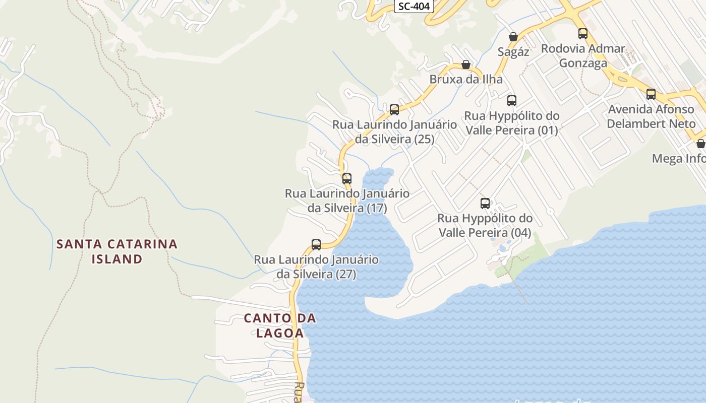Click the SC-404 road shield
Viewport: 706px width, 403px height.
[x=414, y=6]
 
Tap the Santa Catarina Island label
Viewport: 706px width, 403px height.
[x=117, y=251]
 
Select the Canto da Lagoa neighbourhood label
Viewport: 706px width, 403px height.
[x=280, y=325]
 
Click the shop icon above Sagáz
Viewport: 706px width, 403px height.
[x=513, y=37]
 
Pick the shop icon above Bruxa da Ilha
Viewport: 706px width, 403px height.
[x=466, y=64]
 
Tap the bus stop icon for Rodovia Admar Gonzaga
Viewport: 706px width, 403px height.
[x=583, y=34]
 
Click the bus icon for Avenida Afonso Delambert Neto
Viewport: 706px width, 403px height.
[x=651, y=94]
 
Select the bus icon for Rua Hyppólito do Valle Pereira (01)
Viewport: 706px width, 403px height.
[x=512, y=101]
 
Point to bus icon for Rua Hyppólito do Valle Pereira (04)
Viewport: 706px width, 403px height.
[x=485, y=204]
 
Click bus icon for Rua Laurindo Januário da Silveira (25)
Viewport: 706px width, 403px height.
[x=394, y=109]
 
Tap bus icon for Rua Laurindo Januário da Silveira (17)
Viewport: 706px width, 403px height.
[x=347, y=178]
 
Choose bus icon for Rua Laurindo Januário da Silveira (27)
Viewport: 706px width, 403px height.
[x=316, y=245]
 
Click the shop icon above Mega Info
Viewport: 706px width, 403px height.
[x=700, y=144]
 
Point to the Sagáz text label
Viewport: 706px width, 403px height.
[x=513, y=52]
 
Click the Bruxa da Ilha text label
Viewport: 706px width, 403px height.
[x=466, y=80]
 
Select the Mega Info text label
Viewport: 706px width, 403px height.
[x=678, y=159]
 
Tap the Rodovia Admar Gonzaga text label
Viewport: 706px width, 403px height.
[x=583, y=56]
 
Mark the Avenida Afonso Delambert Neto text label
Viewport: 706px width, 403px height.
[x=651, y=116]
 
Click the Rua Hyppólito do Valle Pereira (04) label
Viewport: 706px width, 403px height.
[x=485, y=226]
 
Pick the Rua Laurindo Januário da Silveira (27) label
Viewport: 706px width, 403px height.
[x=316, y=267]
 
